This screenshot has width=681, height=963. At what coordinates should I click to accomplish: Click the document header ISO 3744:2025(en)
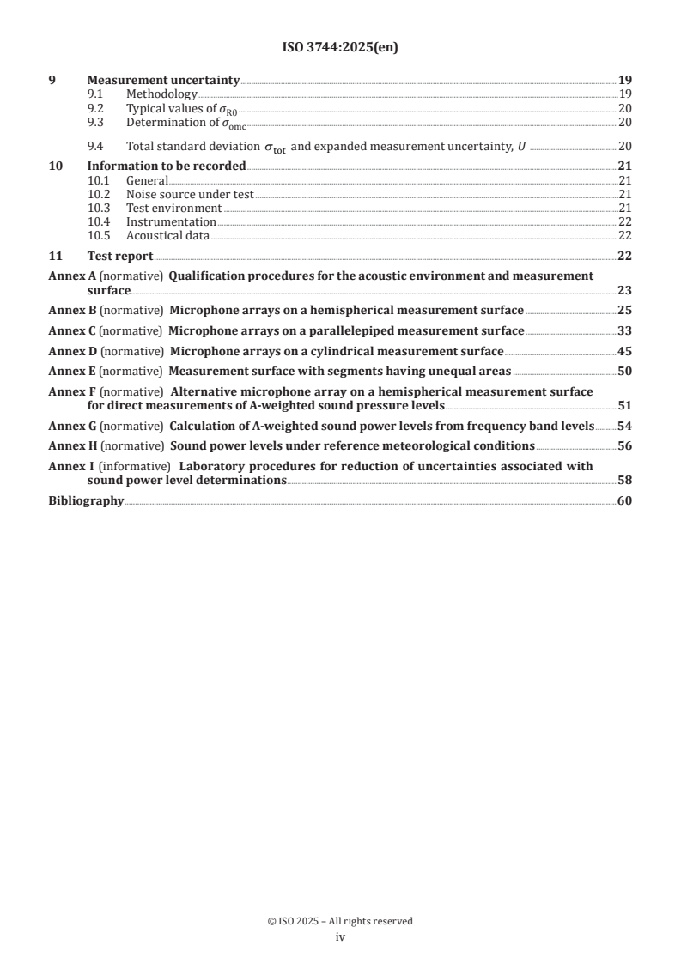[x=340, y=48]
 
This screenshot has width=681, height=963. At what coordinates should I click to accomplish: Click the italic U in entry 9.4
[x=520, y=147]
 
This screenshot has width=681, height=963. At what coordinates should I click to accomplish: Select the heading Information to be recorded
[x=167, y=166]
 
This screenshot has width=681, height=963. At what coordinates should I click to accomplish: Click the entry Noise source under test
[x=190, y=195]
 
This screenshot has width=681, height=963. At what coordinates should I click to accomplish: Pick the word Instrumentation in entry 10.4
[x=171, y=221]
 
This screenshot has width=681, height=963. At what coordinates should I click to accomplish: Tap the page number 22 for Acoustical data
[x=624, y=235]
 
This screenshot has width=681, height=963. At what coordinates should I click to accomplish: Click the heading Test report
[x=120, y=256]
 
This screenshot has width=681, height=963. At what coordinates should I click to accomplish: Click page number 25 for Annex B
[x=624, y=310]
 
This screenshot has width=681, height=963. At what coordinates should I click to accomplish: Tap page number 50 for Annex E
[x=624, y=371]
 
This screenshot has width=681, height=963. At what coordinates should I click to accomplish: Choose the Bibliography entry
[x=86, y=500]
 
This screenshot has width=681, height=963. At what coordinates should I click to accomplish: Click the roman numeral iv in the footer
[x=340, y=937]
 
